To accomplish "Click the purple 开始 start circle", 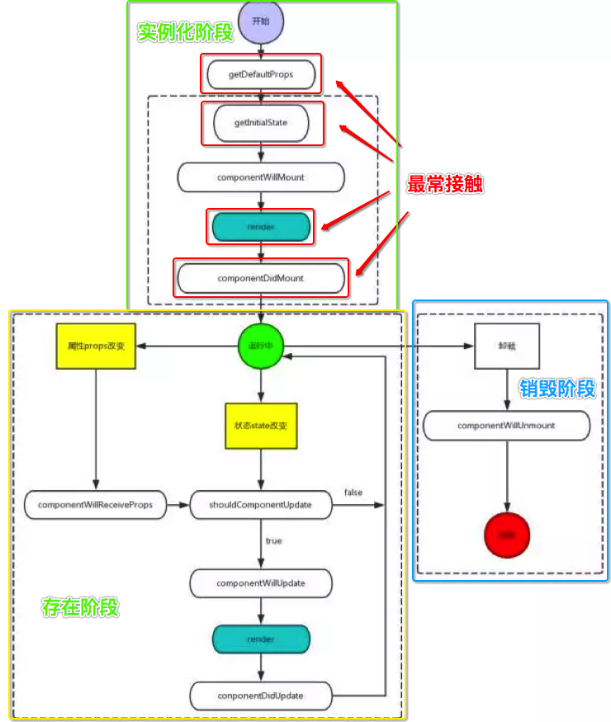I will [x=261, y=21].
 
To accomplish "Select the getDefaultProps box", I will [x=261, y=74].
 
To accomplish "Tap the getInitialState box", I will [x=261, y=123].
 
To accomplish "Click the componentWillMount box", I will [x=261, y=177].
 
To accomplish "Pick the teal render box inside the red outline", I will [x=261, y=225].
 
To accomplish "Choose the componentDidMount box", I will [x=261, y=278].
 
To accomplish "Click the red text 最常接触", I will [x=445, y=185].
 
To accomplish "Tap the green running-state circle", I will [x=261, y=348].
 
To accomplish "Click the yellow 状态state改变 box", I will [x=261, y=425].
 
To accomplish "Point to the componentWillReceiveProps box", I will [x=95, y=504].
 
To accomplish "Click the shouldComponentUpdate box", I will [x=261, y=504].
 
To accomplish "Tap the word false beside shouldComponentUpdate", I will [x=353, y=493].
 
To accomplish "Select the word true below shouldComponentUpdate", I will [x=273, y=540].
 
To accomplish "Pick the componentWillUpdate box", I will [x=261, y=583].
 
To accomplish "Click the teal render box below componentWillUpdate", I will [x=261, y=639].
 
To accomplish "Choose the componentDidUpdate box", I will [x=261, y=695].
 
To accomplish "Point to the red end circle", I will [x=507, y=536].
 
